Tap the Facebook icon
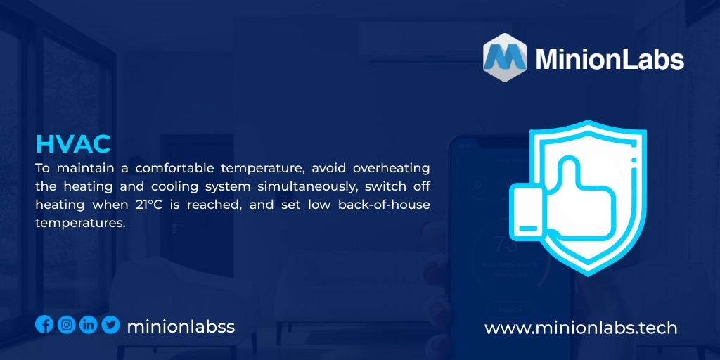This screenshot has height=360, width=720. (x=44, y=325)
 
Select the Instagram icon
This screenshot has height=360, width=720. (x=66, y=325)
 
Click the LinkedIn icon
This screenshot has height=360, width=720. (x=88, y=325)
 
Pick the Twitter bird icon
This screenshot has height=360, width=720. (x=110, y=325)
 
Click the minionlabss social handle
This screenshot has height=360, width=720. (x=181, y=326)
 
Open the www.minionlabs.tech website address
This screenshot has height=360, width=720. (x=581, y=328)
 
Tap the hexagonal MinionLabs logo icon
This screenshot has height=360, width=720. (x=505, y=57)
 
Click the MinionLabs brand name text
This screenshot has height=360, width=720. (x=610, y=58)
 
